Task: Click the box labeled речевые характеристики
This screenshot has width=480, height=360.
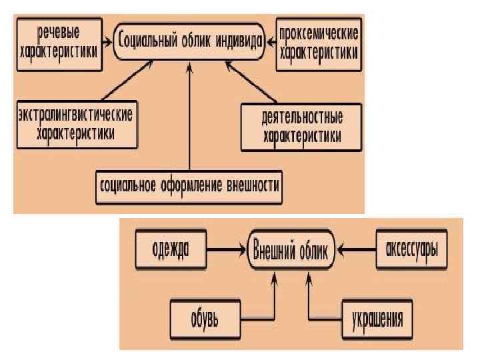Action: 60,44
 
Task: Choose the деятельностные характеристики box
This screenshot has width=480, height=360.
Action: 301,126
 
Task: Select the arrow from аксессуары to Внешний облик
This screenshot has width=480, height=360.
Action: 357,251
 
